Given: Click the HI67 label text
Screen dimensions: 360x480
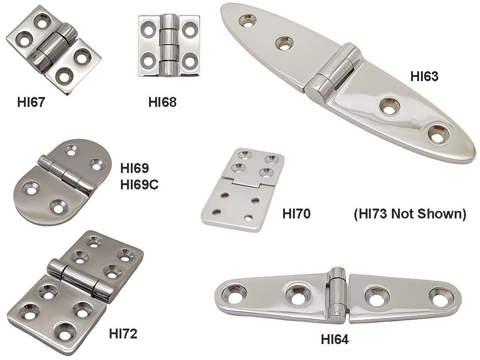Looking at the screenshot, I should click(30, 102).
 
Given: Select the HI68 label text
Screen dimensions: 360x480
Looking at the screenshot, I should click(163, 102).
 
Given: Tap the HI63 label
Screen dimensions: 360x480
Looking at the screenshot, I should click(424, 76).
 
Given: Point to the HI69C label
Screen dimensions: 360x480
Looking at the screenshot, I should click(139, 185).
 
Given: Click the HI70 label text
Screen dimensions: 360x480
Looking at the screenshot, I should click(297, 214).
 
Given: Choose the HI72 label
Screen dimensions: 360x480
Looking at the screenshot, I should click(123, 334).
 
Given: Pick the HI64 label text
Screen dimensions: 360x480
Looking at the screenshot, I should click(335, 339).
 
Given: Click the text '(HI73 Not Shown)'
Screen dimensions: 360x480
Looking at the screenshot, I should click(409, 214).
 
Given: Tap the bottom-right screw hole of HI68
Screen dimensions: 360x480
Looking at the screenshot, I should click(189, 61).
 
